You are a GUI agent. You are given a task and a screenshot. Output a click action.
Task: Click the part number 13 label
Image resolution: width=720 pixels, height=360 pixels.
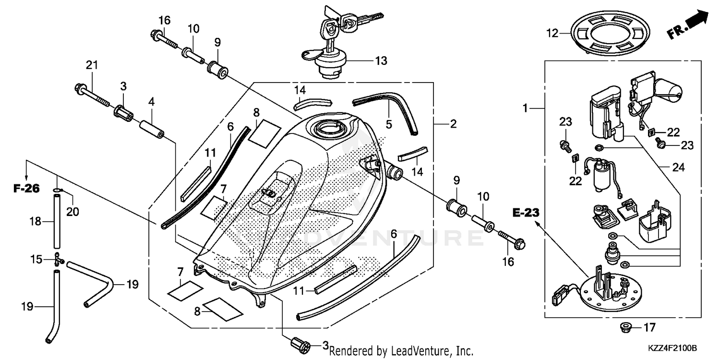tap(381, 61)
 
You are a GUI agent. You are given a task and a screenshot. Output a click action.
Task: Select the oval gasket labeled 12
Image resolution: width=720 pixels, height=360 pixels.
tap(607, 34)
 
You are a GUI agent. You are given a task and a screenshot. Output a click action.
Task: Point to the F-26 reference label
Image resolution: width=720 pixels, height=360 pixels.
tap(26, 189)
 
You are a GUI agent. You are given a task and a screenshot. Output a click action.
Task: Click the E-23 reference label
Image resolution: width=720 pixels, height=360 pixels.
tap(526, 212)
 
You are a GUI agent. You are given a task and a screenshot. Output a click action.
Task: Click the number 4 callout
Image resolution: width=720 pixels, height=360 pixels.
tap(151, 101)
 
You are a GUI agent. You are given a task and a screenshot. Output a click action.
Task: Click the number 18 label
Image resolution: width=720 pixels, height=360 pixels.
tap(35, 222)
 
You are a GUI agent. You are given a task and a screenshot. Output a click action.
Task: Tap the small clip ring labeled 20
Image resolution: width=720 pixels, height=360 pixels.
tap(57, 191)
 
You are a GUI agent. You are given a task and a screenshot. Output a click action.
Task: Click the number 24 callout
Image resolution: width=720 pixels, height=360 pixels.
tap(678, 168)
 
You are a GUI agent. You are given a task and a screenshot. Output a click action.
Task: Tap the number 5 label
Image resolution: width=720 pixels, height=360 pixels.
tap(389, 124)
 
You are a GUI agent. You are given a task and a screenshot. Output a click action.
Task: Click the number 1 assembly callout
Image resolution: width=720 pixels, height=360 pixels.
tap(525, 108)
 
